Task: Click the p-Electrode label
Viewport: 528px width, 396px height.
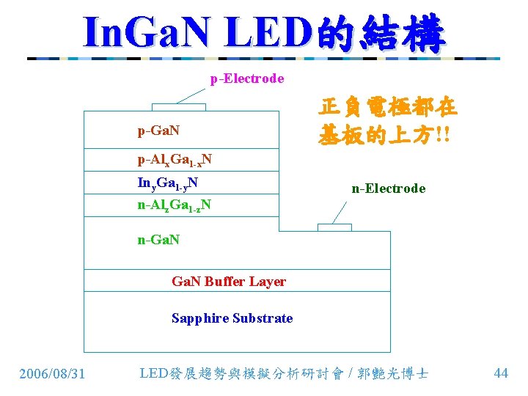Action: tap(247, 78)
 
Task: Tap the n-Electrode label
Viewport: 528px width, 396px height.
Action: tap(388, 188)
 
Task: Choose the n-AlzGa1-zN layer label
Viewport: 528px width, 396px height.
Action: tap(175, 205)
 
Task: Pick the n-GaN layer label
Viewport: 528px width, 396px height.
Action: tap(159, 239)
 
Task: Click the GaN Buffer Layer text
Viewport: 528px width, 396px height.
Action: tap(229, 282)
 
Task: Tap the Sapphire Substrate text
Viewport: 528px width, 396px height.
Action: tap(232, 318)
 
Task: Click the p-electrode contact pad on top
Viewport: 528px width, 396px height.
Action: tap(179, 107)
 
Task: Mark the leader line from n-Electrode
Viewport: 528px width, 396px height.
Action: tap(339, 213)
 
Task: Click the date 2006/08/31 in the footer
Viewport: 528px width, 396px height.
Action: tap(52, 374)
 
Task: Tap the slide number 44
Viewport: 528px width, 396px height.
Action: tap(502, 373)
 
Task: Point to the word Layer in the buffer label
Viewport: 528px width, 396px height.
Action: tap(267, 282)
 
